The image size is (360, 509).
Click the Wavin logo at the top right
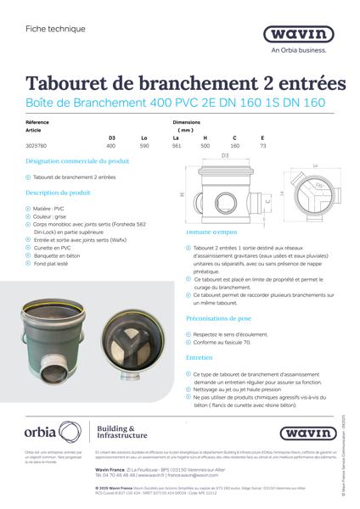tap(303, 35)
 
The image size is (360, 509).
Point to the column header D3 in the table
tap(110, 137)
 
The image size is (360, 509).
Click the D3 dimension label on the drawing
tap(225, 156)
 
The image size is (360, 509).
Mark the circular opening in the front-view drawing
tap(226, 204)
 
